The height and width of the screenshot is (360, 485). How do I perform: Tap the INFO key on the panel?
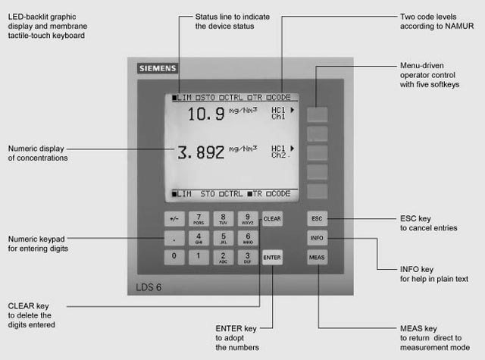(x=318, y=238)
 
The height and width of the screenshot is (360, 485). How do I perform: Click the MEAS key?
(x=318, y=258)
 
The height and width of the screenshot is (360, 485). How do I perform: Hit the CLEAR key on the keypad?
(x=272, y=219)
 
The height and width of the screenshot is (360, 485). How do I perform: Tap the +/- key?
(x=174, y=219)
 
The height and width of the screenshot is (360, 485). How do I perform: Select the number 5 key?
(x=223, y=238)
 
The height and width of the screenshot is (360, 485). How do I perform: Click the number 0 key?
(x=174, y=257)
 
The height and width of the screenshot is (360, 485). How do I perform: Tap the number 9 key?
(x=248, y=219)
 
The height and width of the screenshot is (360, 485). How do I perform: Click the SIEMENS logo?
(x=158, y=69)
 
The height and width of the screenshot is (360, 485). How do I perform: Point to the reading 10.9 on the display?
(x=205, y=114)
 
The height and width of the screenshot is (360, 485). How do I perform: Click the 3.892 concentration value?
(x=201, y=152)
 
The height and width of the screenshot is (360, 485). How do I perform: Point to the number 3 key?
(x=248, y=257)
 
